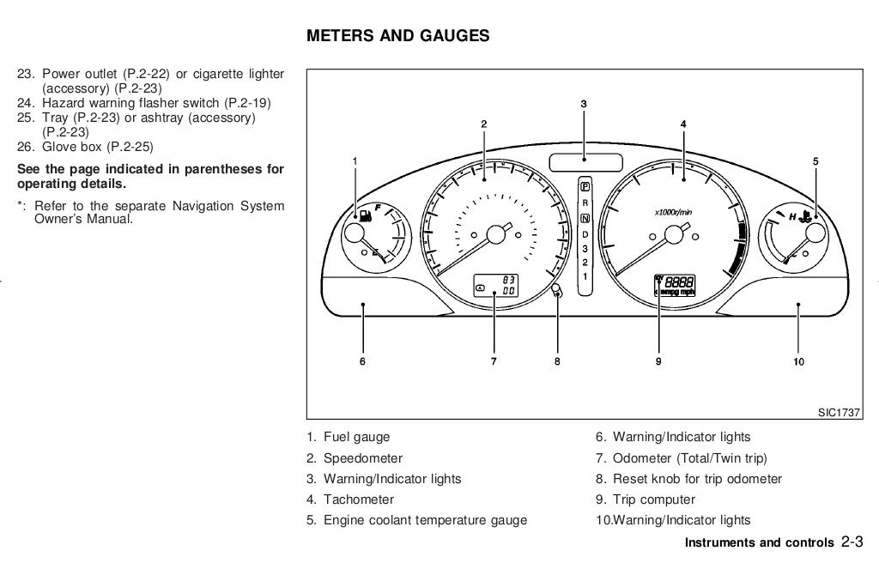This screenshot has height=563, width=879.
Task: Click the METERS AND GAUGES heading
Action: tap(397, 36)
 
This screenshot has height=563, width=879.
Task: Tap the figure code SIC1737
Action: tap(838, 413)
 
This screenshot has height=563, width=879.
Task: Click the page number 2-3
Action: tap(852, 542)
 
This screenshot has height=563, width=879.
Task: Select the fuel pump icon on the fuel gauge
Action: tap(367, 215)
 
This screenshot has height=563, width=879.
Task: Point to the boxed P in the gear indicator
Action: tap(585, 185)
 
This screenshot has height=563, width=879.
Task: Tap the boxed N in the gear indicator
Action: tap(585, 217)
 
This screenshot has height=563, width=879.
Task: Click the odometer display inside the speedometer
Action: tap(495, 286)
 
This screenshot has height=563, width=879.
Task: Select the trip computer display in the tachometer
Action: tap(675, 286)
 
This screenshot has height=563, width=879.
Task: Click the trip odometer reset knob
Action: tap(556, 289)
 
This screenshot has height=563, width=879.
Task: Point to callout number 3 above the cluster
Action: tap(584, 105)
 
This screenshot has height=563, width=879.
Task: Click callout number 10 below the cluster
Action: tap(798, 362)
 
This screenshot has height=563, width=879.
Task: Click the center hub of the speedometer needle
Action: tap(495, 235)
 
